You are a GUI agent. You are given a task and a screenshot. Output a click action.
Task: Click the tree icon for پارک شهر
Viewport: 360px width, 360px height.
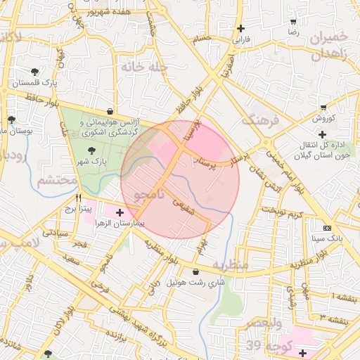(x=91, y=150)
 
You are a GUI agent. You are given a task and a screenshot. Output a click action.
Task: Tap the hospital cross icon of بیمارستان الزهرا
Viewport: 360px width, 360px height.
(x=120, y=212)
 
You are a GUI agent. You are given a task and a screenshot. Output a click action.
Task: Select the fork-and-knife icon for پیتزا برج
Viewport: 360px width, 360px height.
(x=79, y=198)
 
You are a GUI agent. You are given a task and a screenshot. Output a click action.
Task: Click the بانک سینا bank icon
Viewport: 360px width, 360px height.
(x=327, y=228)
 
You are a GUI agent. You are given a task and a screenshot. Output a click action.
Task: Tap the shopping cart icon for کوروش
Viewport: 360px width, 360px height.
(x=323, y=108)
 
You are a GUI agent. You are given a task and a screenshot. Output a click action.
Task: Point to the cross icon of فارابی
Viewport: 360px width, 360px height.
(x=242, y=29)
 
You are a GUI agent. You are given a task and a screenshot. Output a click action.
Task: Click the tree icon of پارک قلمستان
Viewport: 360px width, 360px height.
(x=35, y=72)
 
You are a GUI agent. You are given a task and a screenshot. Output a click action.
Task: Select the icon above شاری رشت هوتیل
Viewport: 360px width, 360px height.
(x=195, y=271)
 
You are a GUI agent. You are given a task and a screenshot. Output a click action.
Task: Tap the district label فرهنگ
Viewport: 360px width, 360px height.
(x=261, y=120)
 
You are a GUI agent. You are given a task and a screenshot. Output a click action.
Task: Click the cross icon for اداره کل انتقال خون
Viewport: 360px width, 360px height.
(x=322, y=134)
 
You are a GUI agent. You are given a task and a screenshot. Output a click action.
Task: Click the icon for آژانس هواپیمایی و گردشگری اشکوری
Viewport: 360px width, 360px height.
(x=110, y=111)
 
